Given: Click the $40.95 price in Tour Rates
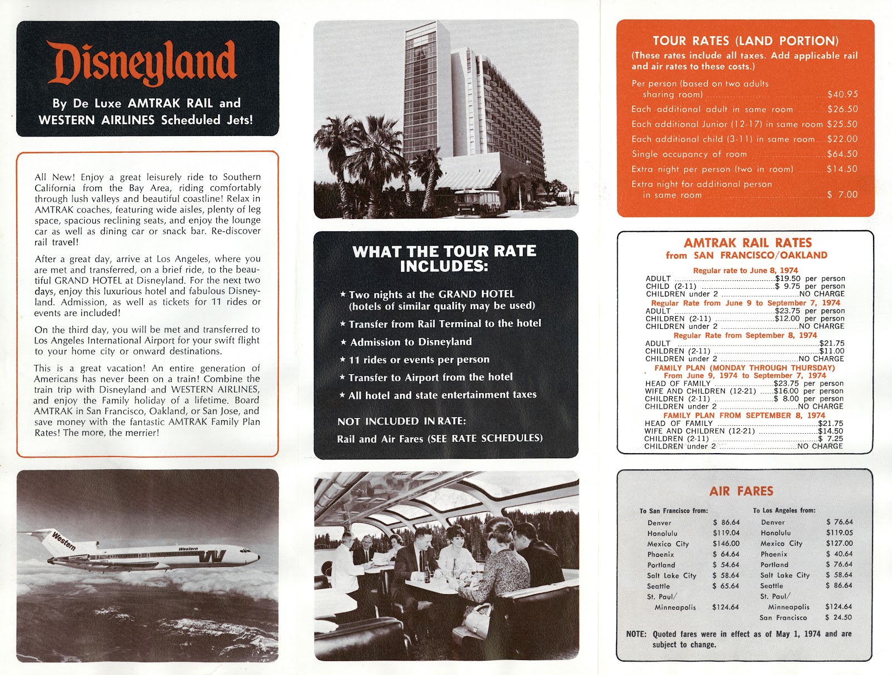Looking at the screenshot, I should point(842,94).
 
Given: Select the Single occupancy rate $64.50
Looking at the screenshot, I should point(842,154).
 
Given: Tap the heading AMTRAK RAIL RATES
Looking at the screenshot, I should point(747,243).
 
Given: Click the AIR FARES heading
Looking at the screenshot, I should point(741,491).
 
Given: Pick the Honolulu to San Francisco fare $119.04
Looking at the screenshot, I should point(726,533).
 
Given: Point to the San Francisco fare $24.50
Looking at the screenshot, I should point(838,617).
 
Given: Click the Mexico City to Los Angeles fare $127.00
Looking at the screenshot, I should point(839,543).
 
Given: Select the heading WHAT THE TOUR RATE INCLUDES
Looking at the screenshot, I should point(444,259).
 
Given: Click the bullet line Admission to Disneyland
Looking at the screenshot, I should point(410,342).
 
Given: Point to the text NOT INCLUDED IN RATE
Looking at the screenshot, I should point(401,421).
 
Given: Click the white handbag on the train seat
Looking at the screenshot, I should point(478,616).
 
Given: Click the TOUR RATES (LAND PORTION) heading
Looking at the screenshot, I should point(745,41).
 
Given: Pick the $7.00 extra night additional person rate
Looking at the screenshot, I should point(842,195).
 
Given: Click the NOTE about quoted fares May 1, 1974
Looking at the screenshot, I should point(739,639).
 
